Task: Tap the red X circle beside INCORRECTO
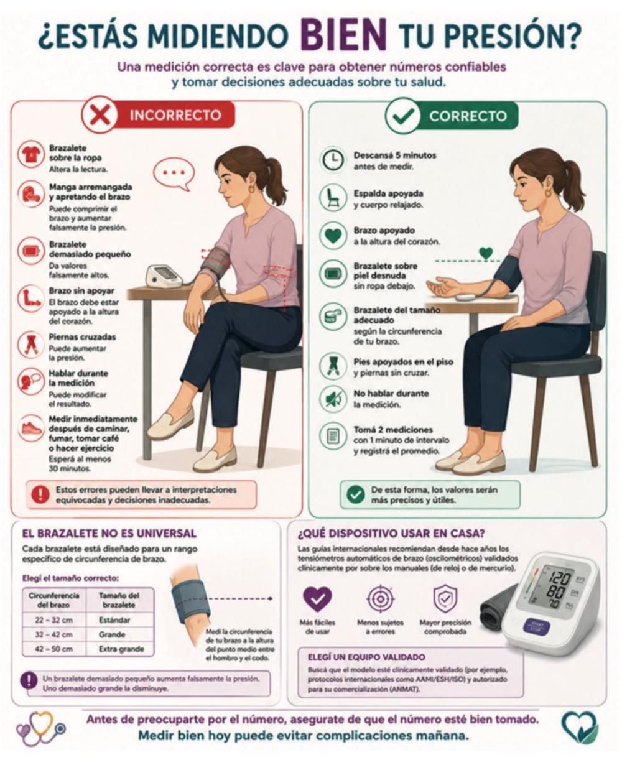click(x=100, y=115)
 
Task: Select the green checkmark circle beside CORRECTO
click(x=403, y=116)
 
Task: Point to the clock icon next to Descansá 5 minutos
click(x=333, y=159)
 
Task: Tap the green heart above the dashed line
click(x=486, y=253)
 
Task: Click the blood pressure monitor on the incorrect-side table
click(x=164, y=276)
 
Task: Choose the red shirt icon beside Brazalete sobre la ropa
click(x=30, y=154)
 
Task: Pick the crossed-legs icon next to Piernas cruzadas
click(x=30, y=345)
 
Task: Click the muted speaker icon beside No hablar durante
click(x=333, y=399)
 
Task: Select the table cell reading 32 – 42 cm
click(x=53, y=634)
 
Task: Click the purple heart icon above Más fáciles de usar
click(x=317, y=599)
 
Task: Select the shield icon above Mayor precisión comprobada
click(x=445, y=598)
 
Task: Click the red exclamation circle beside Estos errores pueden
click(x=40, y=494)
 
